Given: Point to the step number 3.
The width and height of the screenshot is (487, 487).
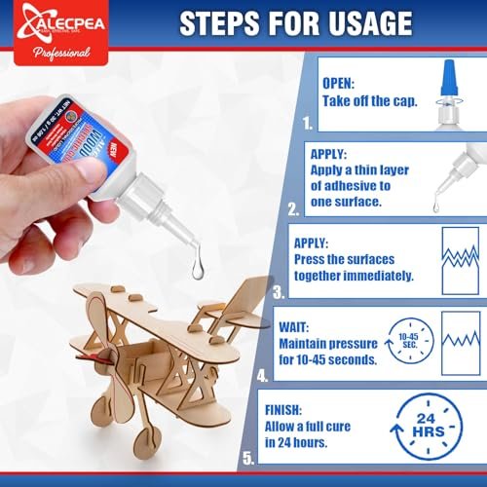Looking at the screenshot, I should tap(281, 291).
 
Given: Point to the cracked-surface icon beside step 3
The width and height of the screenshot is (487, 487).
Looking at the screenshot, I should tap(460, 257).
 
